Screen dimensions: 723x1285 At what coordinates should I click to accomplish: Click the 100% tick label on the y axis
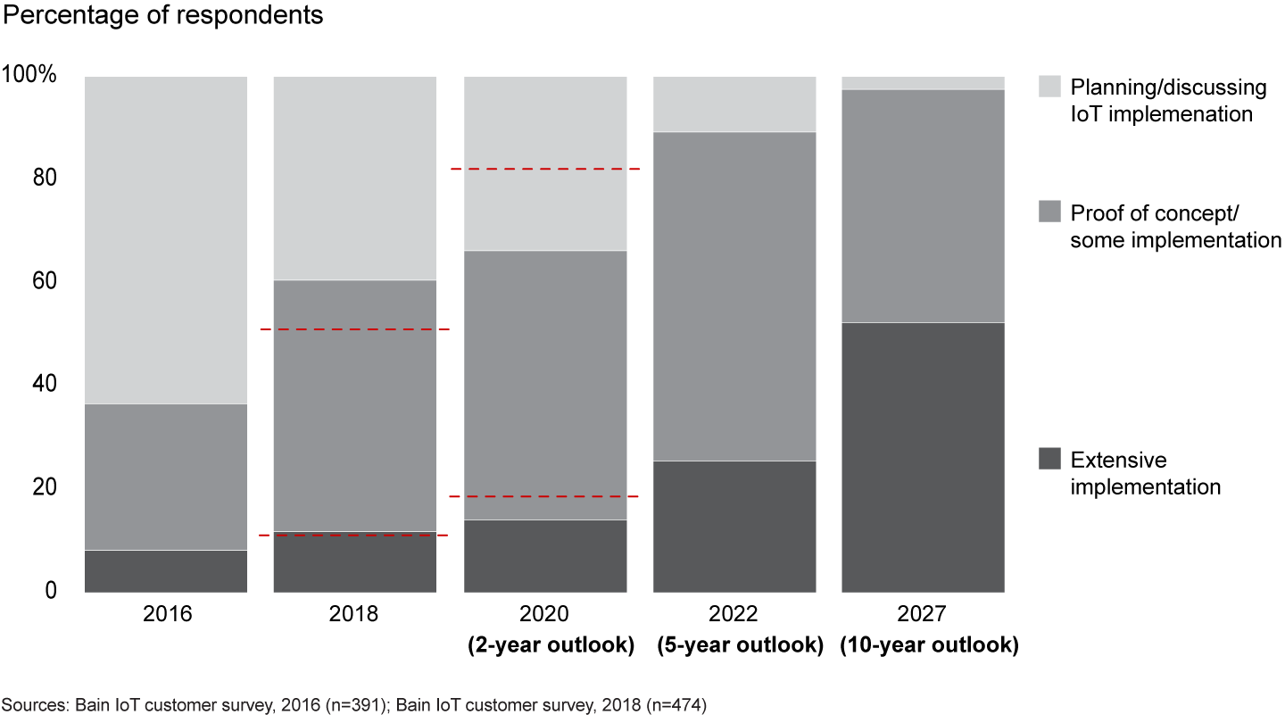(29, 75)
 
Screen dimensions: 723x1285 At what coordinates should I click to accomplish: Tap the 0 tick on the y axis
(50, 590)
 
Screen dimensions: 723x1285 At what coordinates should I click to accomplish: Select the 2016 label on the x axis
(166, 615)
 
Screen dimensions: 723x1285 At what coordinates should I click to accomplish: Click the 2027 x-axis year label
(924, 615)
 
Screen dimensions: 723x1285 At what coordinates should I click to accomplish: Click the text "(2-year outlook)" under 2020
(551, 645)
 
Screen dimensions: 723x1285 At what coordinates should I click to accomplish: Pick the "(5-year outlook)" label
(739, 645)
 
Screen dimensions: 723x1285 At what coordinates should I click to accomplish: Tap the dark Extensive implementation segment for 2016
(166, 571)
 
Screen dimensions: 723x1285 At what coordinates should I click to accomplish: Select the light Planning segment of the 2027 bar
(924, 83)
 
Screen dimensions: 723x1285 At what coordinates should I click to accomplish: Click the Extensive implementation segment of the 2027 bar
(924, 457)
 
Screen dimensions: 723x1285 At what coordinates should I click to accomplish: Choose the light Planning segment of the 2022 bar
(734, 104)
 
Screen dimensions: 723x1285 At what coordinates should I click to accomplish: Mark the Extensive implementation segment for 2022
(734, 527)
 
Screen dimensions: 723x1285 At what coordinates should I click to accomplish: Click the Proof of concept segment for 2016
(166, 477)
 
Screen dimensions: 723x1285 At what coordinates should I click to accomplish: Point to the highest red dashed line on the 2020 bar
(545, 169)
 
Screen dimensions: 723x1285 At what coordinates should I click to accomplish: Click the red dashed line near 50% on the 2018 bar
(354, 329)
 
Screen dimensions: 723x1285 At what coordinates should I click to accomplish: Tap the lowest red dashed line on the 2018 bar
(354, 535)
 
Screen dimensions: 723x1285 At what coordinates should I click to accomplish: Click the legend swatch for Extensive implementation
(1050, 459)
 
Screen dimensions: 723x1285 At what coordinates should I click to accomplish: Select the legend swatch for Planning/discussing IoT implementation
(1050, 87)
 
